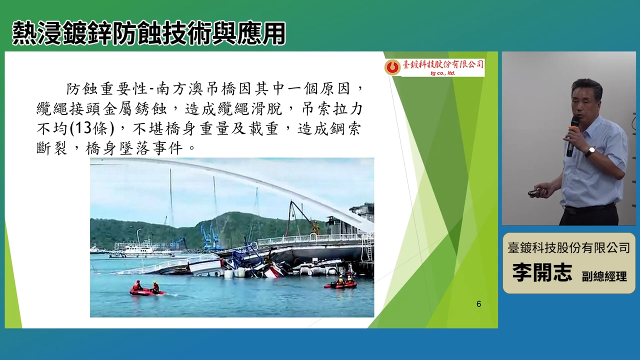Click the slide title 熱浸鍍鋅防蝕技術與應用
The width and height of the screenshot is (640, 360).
click(149, 33)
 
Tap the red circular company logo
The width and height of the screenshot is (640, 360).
click(392, 67)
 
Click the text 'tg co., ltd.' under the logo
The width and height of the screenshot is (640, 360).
click(443, 73)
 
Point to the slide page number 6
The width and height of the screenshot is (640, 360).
click(479, 303)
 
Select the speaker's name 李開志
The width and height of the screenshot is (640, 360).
click(542, 272)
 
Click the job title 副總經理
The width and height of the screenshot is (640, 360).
click(604, 276)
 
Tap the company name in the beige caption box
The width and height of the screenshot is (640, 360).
click(569, 247)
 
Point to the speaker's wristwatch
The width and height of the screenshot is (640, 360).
click(589, 151)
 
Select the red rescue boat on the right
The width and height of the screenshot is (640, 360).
click(340, 283)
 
